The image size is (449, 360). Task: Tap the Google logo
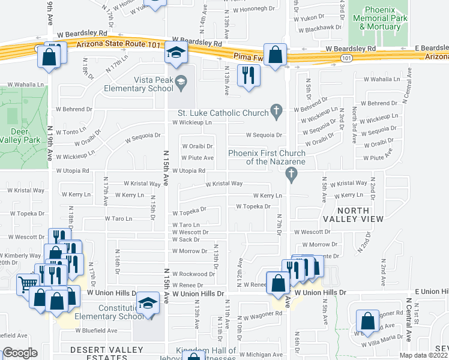20,353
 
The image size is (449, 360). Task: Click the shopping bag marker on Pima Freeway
275,55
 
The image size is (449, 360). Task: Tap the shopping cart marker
27,283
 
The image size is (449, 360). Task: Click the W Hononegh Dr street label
253,8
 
